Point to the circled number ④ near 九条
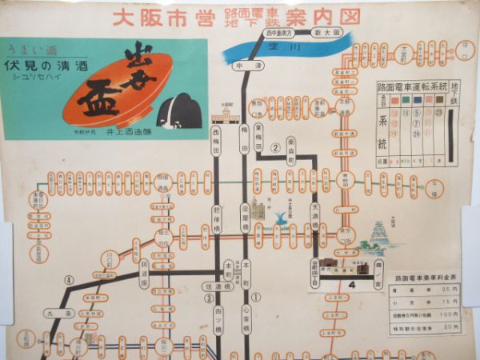pos(70,280)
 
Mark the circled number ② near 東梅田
pos(274,147)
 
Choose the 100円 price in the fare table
pos(454,315)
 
